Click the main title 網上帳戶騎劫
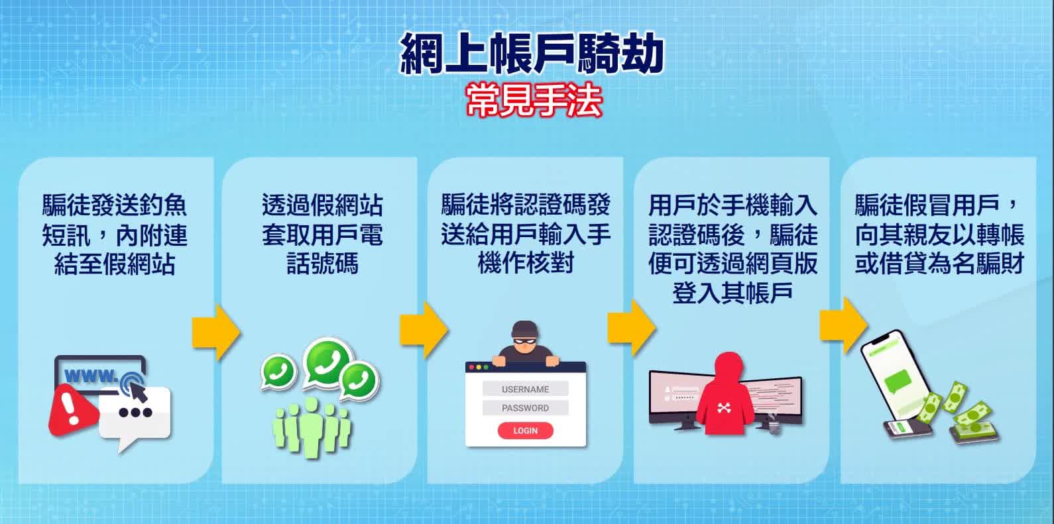click(532, 54)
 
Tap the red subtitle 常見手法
click(534, 101)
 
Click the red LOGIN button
click(525, 431)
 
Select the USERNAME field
click(525, 389)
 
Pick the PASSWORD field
click(525, 408)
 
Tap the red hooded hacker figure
click(725, 394)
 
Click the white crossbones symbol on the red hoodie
click(724, 407)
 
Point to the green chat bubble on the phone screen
click(898, 381)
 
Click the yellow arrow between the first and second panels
click(216, 332)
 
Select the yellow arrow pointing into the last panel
click(843, 325)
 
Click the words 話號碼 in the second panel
click(322, 264)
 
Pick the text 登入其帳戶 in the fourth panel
click(732, 293)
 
